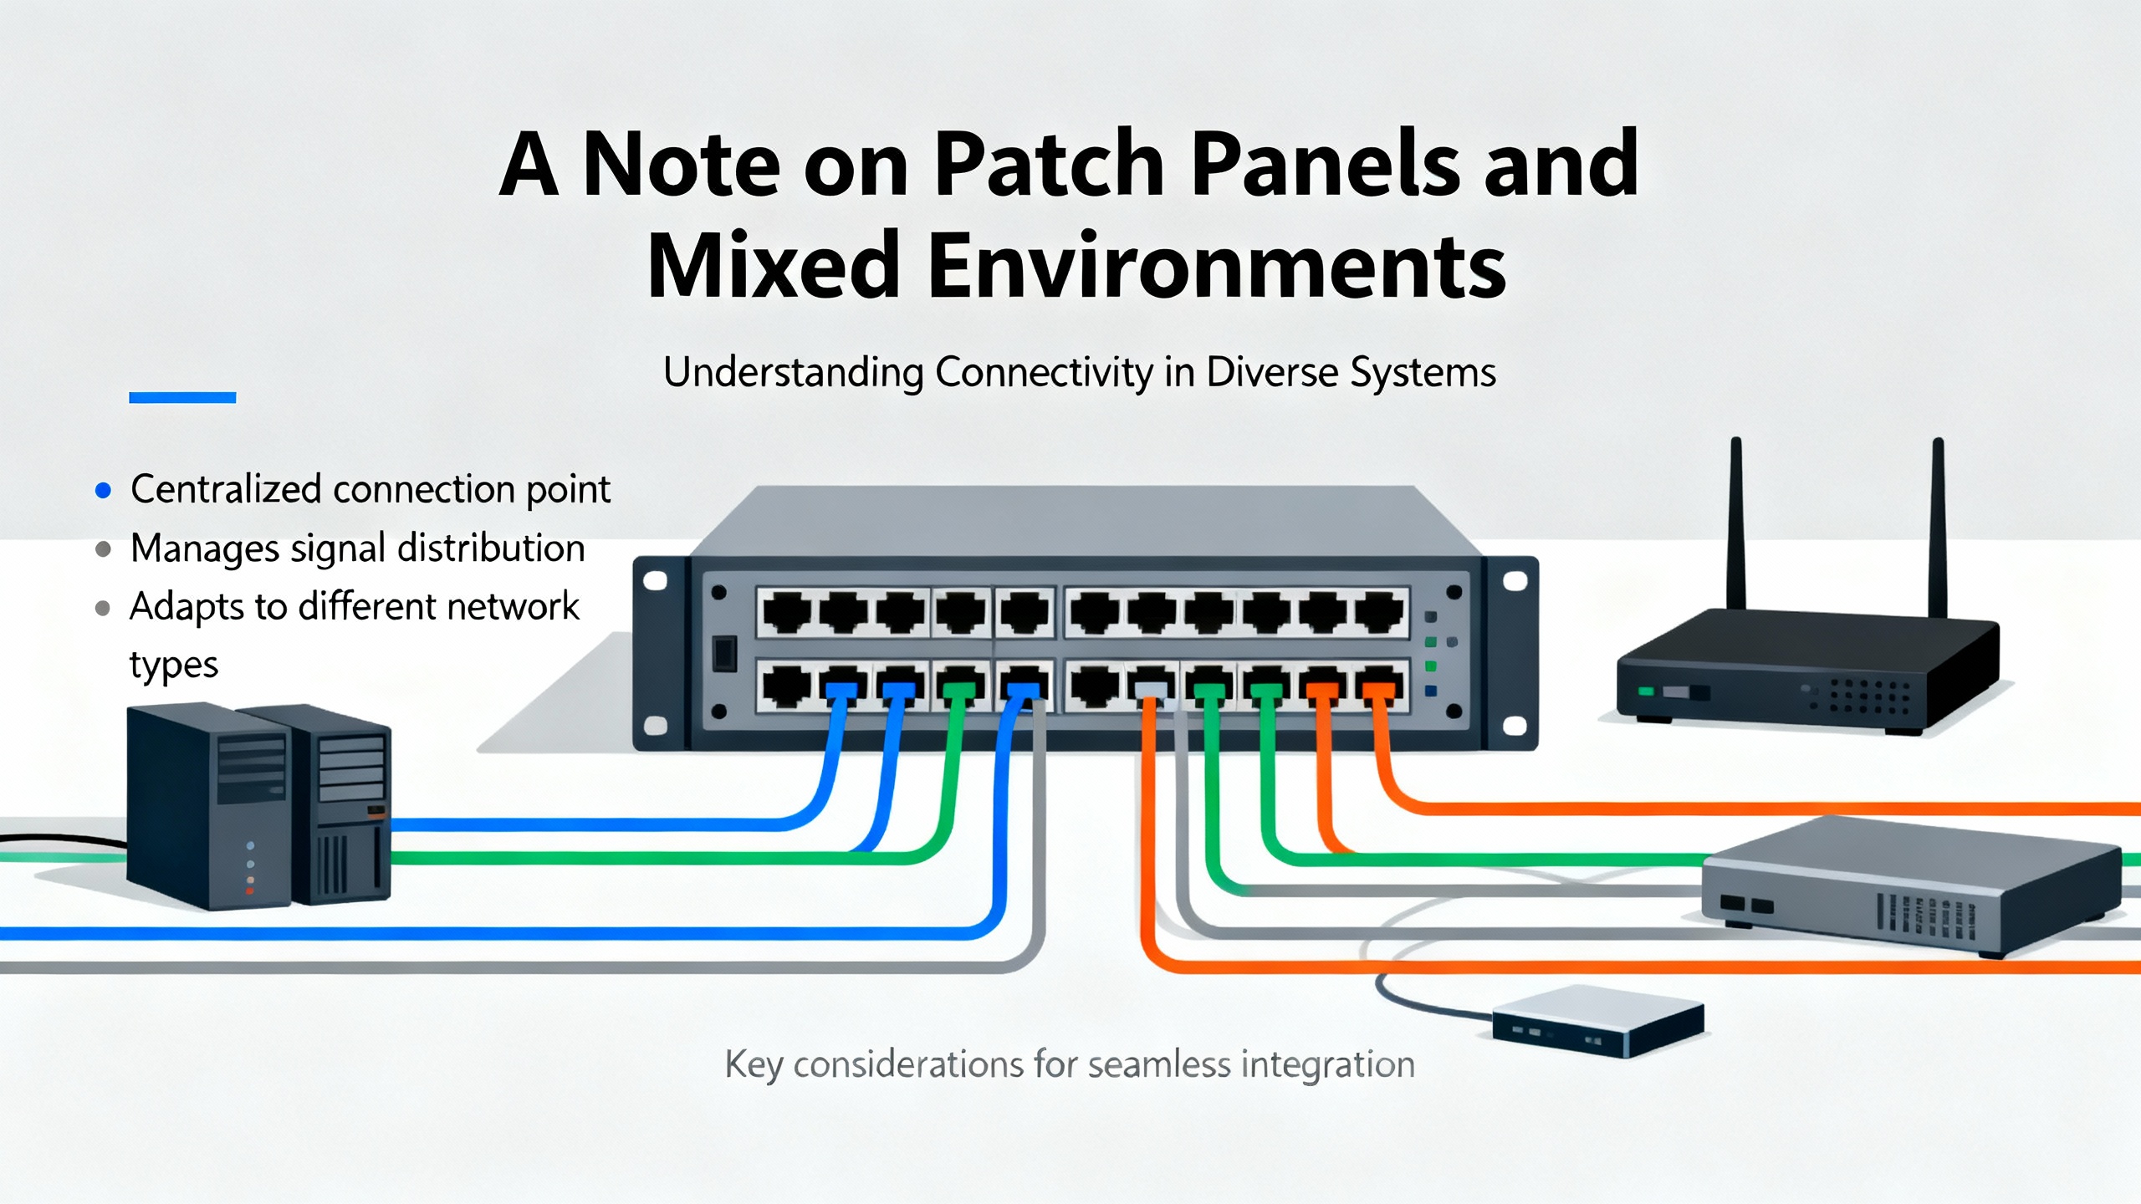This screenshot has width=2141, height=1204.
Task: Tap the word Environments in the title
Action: point(1217,266)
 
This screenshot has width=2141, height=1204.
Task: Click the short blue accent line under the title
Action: point(182,398)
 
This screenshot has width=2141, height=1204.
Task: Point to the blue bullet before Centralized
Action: point(103,491)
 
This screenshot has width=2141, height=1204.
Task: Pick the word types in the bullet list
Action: point(173,666)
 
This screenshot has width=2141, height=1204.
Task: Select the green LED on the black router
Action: point(1645,691)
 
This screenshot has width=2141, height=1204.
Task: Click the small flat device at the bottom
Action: point(1598,1021)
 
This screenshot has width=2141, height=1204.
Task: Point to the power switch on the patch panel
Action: point(724,654)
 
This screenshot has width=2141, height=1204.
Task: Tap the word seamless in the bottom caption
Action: point(1161,1065)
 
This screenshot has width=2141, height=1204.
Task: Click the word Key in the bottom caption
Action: point(754,1066)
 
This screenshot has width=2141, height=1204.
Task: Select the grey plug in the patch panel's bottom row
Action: point(1151,688)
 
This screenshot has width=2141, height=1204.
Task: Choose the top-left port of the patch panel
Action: point(787,612)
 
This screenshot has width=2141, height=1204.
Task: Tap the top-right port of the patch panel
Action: point(1379,612)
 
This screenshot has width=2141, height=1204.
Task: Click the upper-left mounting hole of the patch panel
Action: point(655,580)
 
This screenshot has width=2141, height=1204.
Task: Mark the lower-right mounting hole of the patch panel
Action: point(1515,726)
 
